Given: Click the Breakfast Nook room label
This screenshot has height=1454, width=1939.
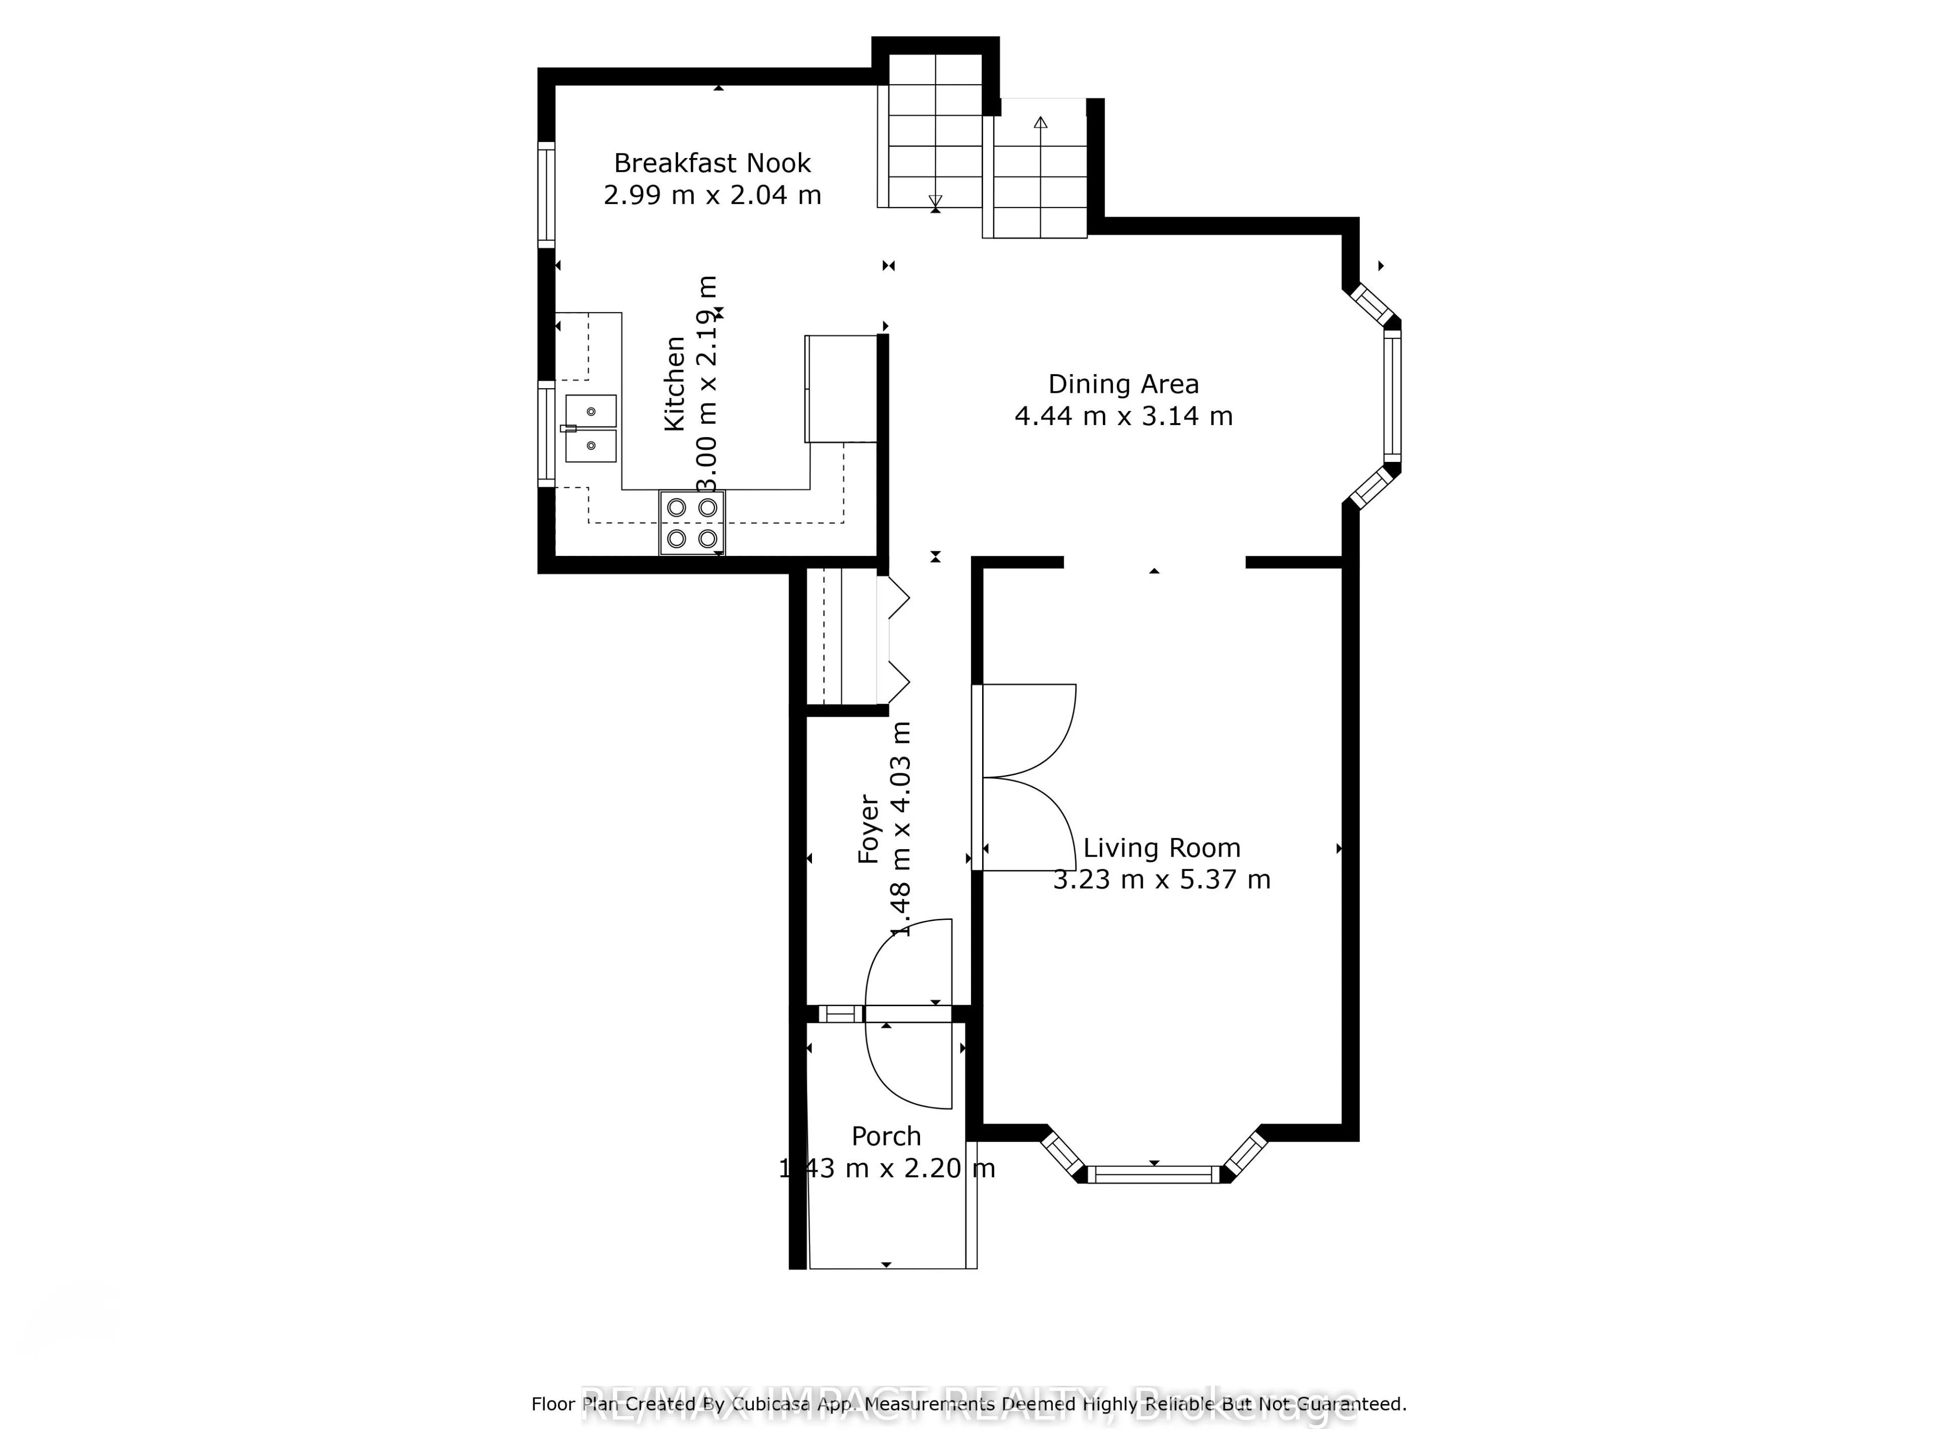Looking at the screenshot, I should (712, 163).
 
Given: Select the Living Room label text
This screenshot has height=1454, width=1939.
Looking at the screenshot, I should (1161, 848).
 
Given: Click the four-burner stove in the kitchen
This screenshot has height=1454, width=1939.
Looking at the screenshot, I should (692, 523).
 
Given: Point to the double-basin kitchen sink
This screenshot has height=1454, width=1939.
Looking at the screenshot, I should (590, 429).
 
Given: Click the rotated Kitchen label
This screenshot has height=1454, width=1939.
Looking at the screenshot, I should (674, 383).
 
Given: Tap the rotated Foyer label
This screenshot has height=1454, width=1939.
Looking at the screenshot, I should (868, 828).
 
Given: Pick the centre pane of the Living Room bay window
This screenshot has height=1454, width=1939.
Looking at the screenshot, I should (1154, 1174).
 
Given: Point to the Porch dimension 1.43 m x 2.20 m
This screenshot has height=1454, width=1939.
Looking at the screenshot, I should (886, 1168).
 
